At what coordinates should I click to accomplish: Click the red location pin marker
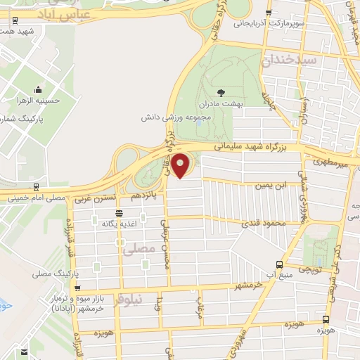coord(181,165)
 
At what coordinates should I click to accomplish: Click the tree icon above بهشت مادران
coord(221,92)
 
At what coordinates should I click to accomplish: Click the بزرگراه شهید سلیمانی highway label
coord(245,147)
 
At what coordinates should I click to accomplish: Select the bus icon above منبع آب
coord(280,264)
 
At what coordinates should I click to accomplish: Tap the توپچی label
coord(310,269)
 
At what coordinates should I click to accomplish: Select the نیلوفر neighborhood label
coord(148,299)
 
